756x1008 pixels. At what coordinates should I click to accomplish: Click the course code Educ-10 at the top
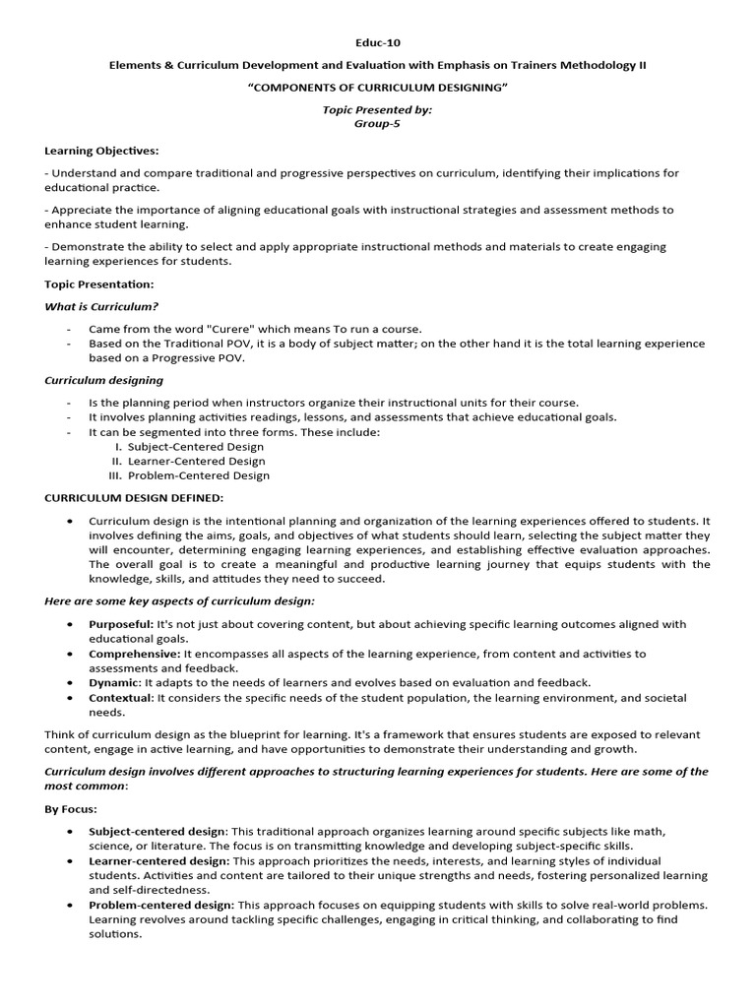[x=377, y=43]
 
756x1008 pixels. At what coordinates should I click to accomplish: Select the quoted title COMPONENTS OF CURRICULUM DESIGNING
[x=377, y=88]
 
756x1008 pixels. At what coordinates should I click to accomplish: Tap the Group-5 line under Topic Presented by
[x=377, y=124]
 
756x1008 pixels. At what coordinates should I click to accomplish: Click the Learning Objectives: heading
[x=101, y=151]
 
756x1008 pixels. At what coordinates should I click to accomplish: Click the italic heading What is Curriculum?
[x=101, y=306]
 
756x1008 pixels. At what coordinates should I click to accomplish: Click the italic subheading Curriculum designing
[x=104, y=380]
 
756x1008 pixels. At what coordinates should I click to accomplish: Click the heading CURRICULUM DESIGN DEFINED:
[x=134, y=498]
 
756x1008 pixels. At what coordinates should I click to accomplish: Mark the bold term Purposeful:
[x=121, y=624]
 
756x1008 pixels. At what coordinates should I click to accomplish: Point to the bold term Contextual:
[x=121, y=698]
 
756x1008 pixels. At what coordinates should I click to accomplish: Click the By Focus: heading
[x=71, y=809]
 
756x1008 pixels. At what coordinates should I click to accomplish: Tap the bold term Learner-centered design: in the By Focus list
[x=159, y=860]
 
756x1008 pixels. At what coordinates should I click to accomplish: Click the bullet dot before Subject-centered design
[x=71, y=832]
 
